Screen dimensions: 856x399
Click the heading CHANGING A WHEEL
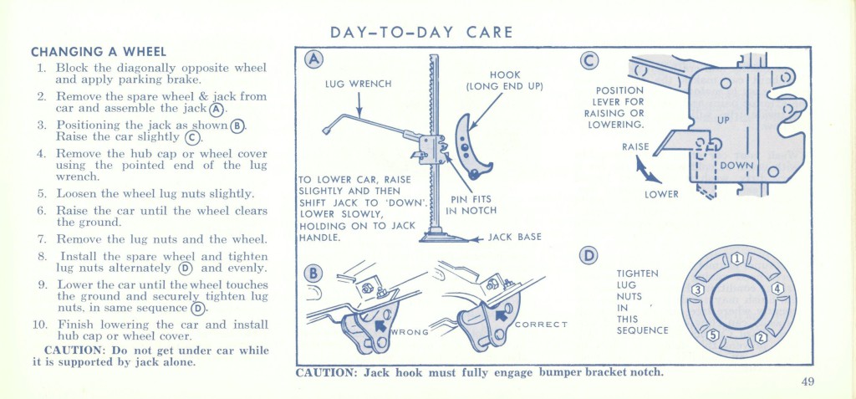[99, 53]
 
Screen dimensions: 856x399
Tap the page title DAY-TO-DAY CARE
[421, 33]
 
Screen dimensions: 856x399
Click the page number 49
[808, 381]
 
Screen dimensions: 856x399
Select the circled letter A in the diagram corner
[313, 59]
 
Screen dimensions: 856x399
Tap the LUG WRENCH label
[358, 84]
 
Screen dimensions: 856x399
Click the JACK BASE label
[514, 238]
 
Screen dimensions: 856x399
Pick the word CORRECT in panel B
[542, 324]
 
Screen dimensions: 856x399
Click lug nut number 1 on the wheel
[737, 258]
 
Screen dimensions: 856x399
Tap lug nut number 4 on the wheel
[777, 289]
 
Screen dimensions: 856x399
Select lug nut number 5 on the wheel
[713, 335]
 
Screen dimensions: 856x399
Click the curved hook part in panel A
[471, 147]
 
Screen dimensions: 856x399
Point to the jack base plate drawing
[444, 236]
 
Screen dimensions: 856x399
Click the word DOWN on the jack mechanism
[736, 166]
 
